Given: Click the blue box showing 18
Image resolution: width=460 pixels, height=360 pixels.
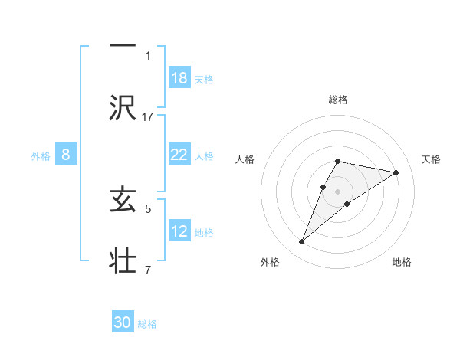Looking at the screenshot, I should [179, 77].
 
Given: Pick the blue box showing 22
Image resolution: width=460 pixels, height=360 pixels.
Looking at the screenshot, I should [179, 155].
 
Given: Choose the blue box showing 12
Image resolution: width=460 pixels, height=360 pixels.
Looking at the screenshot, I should [179, 231].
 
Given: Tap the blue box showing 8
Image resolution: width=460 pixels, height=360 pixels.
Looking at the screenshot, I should [66, 155].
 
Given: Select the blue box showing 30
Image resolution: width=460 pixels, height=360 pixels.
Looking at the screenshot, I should [123, 322].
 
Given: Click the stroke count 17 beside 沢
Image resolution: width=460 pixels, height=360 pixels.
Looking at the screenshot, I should [148, 116].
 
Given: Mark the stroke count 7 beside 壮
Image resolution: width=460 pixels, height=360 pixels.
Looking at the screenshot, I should [148, 270].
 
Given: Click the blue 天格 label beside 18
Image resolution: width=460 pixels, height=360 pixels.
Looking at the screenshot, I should [204, 79].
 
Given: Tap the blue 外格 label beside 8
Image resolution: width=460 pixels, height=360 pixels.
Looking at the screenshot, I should [41, 155].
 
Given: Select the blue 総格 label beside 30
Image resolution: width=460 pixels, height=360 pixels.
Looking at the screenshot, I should [147, 324].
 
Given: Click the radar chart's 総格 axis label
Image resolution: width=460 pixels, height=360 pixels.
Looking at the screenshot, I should [338, 100].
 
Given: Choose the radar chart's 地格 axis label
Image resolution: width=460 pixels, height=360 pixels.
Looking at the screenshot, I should [402, 262].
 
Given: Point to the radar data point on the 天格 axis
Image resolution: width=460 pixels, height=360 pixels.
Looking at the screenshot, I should [396, 172].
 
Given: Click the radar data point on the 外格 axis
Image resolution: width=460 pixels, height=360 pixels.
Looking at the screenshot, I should [302, 242].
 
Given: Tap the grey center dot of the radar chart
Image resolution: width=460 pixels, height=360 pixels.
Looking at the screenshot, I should [338, 191].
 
